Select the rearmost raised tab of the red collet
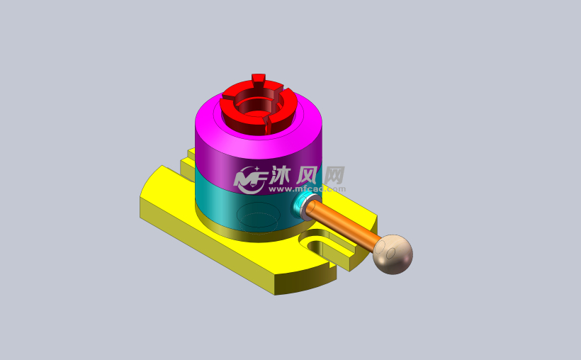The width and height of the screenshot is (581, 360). pyautogui.click(x=258, y=77)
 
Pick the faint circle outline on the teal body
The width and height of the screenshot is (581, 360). pyautogui.click(x=258, y=215)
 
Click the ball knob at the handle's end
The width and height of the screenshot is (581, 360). pyautogui.click(x=393, y=254)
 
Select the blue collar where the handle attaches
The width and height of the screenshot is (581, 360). pyautogui.click(x=300, y=206)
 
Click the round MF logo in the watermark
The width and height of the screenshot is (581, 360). pyautogui.click(x=249, y=179)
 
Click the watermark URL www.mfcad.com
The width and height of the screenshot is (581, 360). pyautogui.click(x=308, y=190)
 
